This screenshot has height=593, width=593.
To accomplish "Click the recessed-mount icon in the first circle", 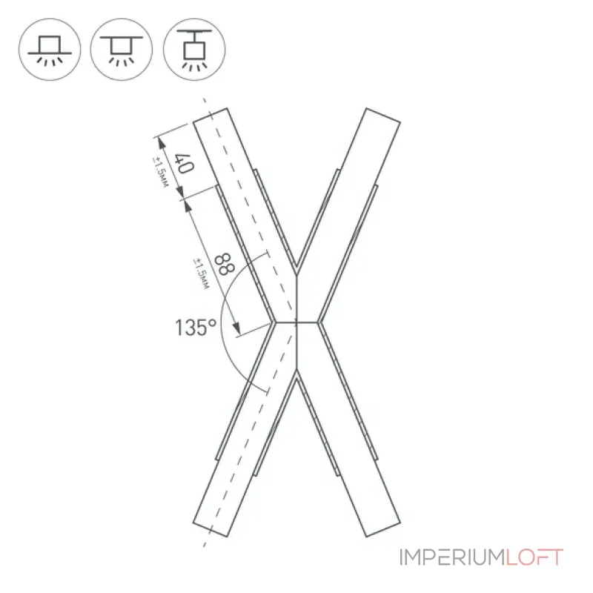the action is point(50,50).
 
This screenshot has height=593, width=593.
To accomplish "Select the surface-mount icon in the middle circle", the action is point(122,50).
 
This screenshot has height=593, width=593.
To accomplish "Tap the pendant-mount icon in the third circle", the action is point(194,50).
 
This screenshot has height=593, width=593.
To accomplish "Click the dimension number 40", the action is point(184,163).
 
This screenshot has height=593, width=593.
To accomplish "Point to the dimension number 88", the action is point(225,265).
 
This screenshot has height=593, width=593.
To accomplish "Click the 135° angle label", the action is point(196,328).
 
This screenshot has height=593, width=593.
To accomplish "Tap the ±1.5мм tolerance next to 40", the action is point(160,172).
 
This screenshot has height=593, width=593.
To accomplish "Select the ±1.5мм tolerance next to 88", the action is point(201,274).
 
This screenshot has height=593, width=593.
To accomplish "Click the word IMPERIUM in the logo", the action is point(452,557).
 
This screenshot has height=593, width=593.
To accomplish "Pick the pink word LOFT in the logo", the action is point(534,557).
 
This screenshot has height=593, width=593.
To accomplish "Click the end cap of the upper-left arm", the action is point(211,116).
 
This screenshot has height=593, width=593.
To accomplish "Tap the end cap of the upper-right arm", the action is point(383,116).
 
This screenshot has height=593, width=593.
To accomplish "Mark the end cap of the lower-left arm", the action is point(211,529).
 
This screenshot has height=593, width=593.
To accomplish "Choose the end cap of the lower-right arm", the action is point(383,529).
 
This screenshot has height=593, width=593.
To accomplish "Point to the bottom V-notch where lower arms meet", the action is point(297,372).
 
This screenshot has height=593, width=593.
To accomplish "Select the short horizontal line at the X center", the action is point(297,322).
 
